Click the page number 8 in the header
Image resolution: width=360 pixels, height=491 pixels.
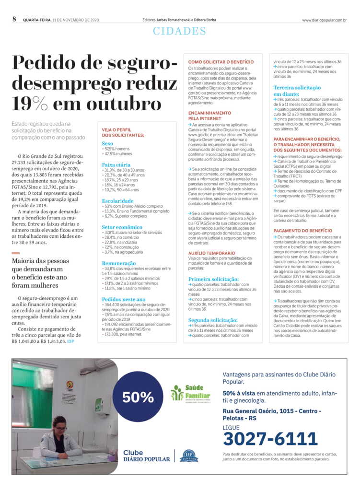click(x=14, y=19)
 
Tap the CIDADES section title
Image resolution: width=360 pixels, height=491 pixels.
click(x=180, y=32)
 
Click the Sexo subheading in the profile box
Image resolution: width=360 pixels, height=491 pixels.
click(x=107, y=143)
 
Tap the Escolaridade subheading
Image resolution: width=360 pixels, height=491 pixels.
click(x=117, y=200)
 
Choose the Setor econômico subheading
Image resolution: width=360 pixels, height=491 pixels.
click(x=122, y=227)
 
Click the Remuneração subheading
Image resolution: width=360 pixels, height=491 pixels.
click(x=118, y=263)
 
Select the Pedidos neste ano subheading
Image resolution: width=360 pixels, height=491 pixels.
click(x=123, y=299)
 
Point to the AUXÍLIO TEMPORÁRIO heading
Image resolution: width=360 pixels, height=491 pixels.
click(x=211, y=252)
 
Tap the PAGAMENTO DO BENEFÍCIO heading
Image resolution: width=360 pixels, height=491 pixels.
click(x=302, y=231)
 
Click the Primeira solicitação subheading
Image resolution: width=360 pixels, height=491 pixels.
click(x=213, y=279)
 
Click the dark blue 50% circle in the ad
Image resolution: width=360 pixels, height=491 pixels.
click(x=138, y=397)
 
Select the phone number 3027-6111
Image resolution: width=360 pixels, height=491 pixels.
click(x=270, y=438)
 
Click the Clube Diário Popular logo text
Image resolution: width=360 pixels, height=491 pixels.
click(x=146, y=456)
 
